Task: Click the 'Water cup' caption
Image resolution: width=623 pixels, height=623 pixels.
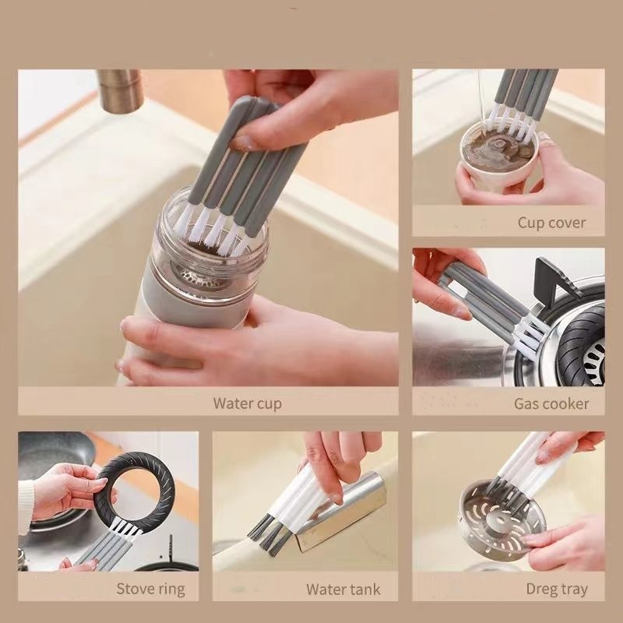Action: [x=247, y=403]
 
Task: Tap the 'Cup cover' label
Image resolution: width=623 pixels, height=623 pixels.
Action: [x=551, y=223]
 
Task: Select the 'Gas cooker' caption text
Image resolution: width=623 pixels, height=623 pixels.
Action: [x=551, y=403]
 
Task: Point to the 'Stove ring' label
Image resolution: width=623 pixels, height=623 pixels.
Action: [x=150, y=588]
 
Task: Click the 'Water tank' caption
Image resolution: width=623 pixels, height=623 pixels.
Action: [x=343, y=588]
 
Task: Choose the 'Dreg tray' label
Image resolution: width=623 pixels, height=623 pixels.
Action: [x=556, y=588]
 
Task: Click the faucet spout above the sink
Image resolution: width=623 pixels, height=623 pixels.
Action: [x=121, y=90]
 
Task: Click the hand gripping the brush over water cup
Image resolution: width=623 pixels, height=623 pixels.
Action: [x=311, y=109]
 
